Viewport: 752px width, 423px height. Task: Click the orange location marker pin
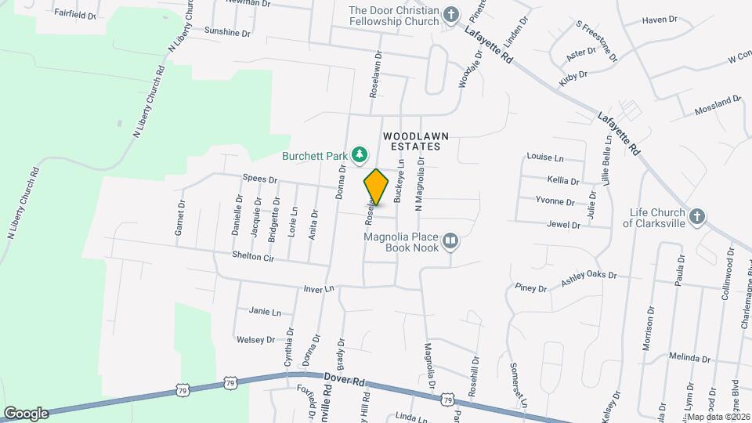(377, 187)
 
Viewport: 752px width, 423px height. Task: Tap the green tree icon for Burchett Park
(360, 154)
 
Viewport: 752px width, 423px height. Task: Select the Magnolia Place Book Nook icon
(450, 241)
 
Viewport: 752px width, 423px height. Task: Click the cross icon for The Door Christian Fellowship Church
(450, 15)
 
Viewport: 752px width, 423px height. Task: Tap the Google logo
(26, 413)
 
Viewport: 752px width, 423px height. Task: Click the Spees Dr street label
(261, 179)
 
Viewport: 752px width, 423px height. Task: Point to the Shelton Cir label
(253, 256)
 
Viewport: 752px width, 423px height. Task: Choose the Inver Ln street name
(319, 289)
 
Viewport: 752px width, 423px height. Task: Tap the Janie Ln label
(265, 311)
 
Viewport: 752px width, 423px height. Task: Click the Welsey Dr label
(255, 340)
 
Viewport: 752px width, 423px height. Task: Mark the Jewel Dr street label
(564, 225)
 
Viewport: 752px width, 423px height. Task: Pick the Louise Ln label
(545, 157)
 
